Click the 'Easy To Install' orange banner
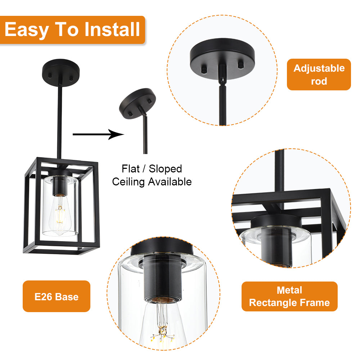(x=72, y=30)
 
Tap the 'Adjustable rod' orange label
(x=319, y=75)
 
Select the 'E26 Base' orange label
(x=57, y=296)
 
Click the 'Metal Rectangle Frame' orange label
(x=289, y=296)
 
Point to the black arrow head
(x=116, y=135)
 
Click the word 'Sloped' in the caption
(x=165, y=169)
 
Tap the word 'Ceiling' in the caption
(x=129, y=182)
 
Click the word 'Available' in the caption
(x=170, y=182)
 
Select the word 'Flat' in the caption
(x=130, y=169)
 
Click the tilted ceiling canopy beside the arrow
(x=137, y=103)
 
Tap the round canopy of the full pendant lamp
(x=60, y=72)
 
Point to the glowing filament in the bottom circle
(x=162, y=333)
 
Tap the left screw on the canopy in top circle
(x=204, y=69)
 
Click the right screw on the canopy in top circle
(x=241, y=64)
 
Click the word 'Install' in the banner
(x=112, y=30)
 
